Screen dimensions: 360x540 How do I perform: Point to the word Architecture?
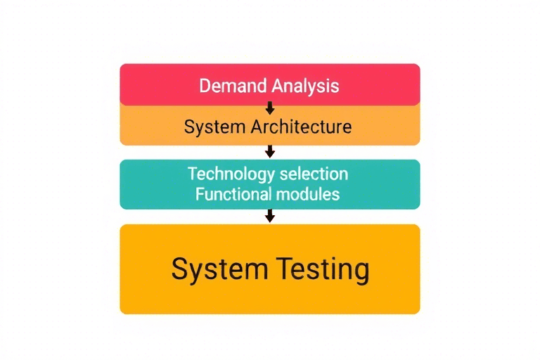(301, 127)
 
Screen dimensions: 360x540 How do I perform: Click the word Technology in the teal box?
(229, 174)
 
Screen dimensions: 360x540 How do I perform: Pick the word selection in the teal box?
(314, 174)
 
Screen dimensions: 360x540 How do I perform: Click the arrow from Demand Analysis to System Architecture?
(269, 108)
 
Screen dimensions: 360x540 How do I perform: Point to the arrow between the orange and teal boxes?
(269, 151)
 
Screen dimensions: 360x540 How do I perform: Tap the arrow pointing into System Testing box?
(269, 216)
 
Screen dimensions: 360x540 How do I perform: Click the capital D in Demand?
(205, 86)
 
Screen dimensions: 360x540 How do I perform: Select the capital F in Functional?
(200, 194)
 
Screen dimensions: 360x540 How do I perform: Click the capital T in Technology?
(193, 174)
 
